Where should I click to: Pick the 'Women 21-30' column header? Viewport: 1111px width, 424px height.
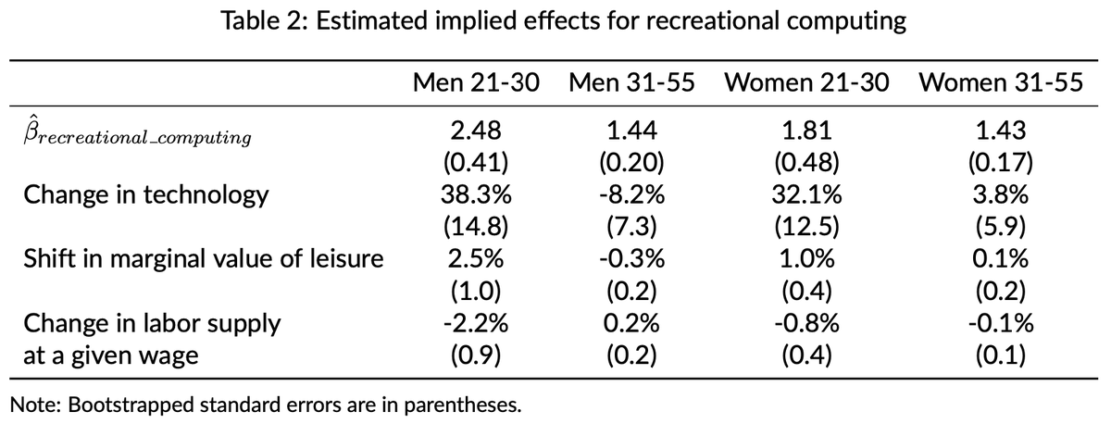pyautogui.click(x=806, y=82)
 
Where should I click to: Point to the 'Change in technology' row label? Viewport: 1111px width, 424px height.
pyautogui.click(x=145, y=195)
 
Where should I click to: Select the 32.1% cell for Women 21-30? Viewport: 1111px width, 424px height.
pyautogui.click(x=806, y=195)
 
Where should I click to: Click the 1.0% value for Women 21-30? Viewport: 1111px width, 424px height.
pyautogui.click(x=806, y=258)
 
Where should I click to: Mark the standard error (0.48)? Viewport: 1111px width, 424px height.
pyautogui.click(x=806, y=164)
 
